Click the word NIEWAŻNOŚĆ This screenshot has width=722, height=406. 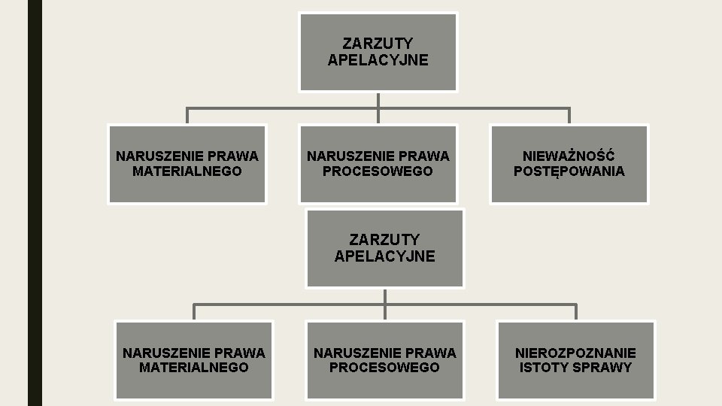tap(569, 156)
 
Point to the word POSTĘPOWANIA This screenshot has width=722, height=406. tap(569, 171)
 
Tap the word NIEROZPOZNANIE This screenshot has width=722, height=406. tap(575, 353)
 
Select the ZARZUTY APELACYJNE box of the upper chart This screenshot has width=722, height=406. tap(378, 53)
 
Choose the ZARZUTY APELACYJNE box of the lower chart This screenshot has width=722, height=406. tap(384, 249)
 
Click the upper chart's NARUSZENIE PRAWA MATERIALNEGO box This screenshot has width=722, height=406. tap(187, 164)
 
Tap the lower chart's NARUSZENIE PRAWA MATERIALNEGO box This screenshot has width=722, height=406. tap(193, 360)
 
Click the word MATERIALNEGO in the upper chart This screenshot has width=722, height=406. tap(187, 171)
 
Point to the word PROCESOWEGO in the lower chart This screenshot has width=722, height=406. tap(384, 368)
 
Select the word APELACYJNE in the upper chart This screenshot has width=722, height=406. tap(378, 60)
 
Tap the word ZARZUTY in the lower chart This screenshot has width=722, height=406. tap(384, 240)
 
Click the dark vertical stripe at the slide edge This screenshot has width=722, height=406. tap(35, 203)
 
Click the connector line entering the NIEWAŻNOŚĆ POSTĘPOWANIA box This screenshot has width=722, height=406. tap(569, 115)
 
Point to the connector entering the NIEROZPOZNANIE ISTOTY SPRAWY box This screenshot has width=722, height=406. tap(575, 311)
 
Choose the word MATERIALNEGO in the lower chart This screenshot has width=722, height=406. tap(193, 368)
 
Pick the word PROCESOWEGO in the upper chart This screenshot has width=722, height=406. tap(378, 171)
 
